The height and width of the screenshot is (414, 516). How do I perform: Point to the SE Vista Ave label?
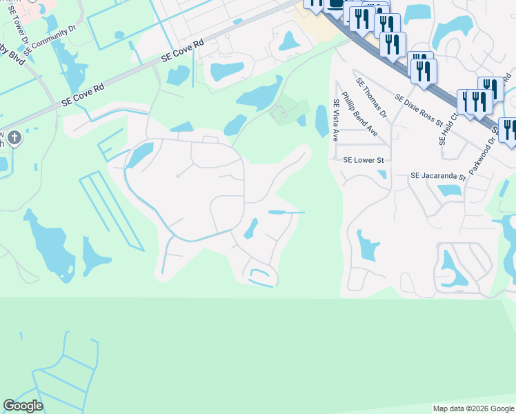pyautogui.click(x=336, y=120)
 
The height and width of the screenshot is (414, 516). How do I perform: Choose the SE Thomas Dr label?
pyautogui.click(x=371, y=96)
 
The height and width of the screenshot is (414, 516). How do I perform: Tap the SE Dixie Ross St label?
pyautogui.click(x=419, y=110)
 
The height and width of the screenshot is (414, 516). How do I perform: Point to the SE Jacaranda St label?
pyautogui.click(x=439, y=177)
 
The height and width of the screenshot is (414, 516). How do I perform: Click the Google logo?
pyautogui.click(x=23, y=406)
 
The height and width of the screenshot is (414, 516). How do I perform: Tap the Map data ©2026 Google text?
pyautogui.click(x=473, y=408)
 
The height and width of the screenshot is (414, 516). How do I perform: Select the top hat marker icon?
pyautogui.click(x=335, y=4)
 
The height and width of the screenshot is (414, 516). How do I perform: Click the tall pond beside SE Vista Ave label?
pyautogui.click(x=322, y=121)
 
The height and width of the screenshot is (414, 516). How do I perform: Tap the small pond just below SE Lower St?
pyautogui.click(x=381, y=174)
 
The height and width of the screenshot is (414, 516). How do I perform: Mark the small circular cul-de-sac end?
pyautogui.click(x=177, y=177)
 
